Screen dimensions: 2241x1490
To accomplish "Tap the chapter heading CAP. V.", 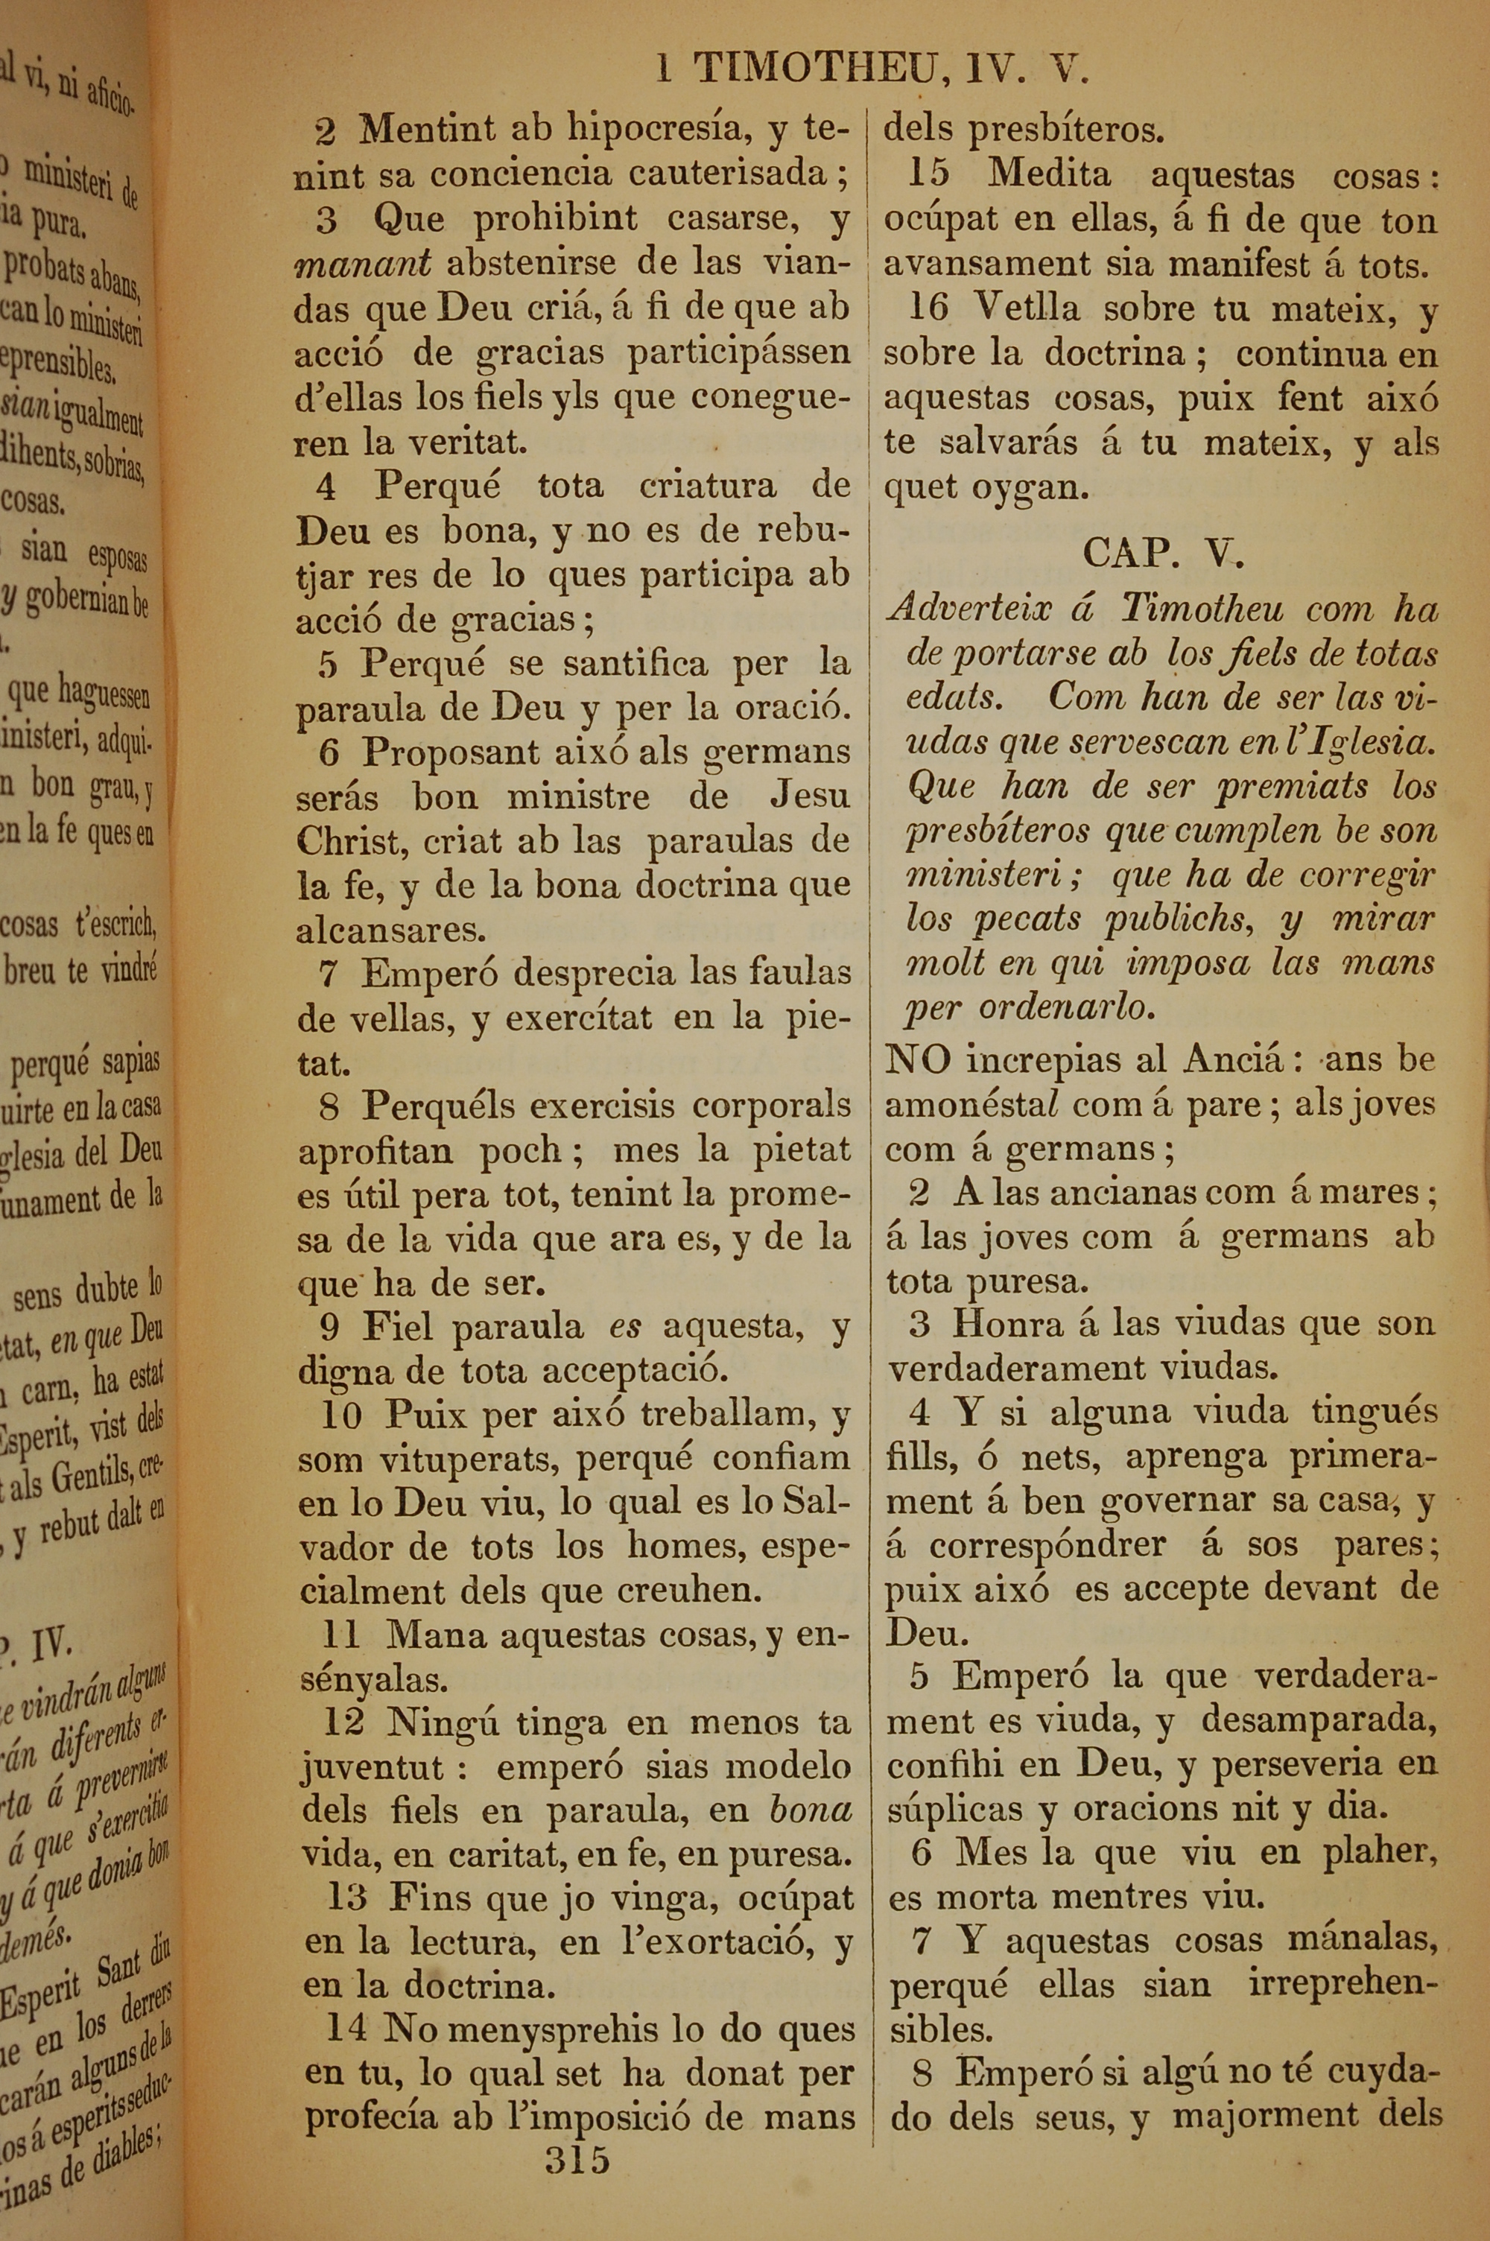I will (x=1162, y=553).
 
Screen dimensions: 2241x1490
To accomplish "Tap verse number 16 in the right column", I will (x=928, y=307).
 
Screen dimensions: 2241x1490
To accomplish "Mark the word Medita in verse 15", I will (x=1048, y=175).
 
